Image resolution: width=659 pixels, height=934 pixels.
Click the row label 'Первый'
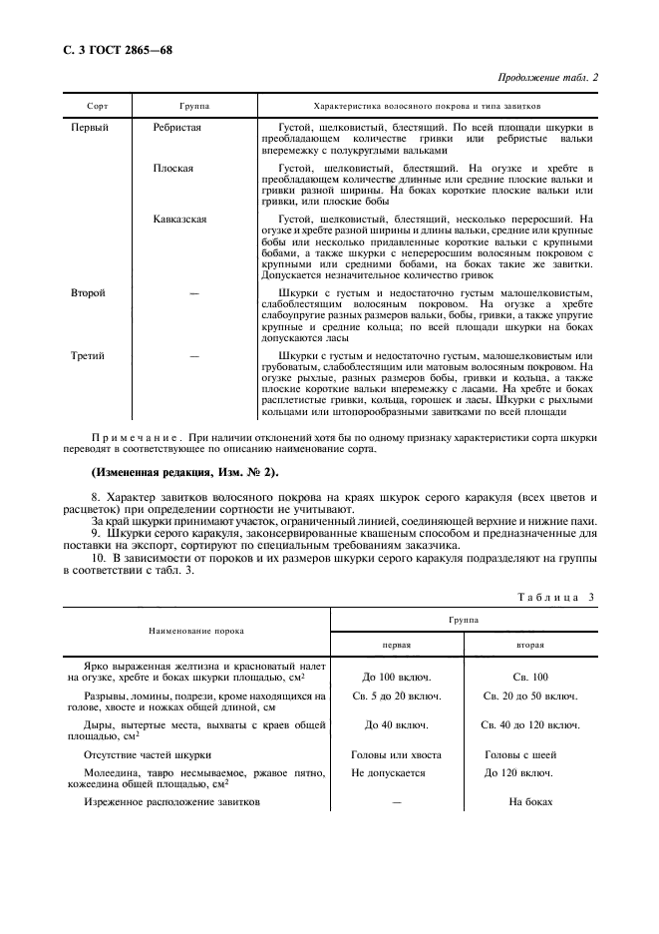coord(90,128)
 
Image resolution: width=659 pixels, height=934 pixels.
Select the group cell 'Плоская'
coord(172,169)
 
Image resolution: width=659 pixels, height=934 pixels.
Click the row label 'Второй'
coord(89,293)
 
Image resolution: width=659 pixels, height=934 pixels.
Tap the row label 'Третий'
coord(89,355)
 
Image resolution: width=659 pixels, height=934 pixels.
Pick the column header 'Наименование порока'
coord(196,632)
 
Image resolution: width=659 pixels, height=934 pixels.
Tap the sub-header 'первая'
coord(396,644)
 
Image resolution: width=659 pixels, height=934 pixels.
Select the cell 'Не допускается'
coord(389,772)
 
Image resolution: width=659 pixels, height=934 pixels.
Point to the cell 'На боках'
coord(530,802)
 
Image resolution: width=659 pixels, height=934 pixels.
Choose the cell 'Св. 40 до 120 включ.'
coord(530,724)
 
